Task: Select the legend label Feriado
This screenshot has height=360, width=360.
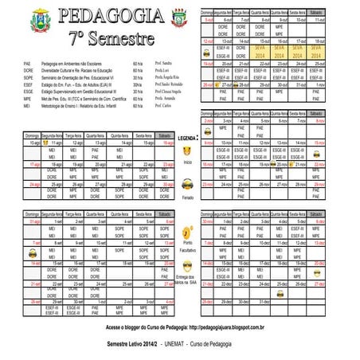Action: coord(188,196)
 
